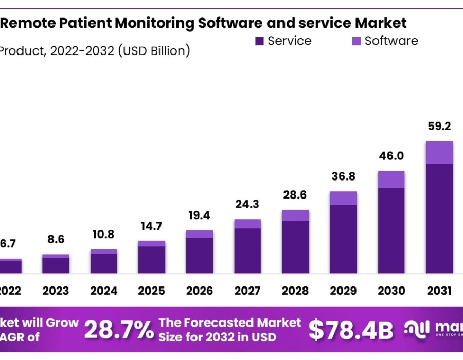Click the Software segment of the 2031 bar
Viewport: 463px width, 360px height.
coord(439,153)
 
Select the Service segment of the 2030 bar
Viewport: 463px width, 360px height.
coord(391,230)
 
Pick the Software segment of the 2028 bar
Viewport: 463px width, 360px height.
coord(295,215)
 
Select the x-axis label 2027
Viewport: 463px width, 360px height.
coord(247,291)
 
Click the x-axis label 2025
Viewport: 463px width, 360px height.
coord(151,291)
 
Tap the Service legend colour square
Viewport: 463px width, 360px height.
coord(259,41)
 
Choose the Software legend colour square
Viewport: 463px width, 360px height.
coord(356,41)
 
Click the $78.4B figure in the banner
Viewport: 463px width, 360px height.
coord(351,330)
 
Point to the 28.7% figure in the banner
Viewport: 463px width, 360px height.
coord(118,330)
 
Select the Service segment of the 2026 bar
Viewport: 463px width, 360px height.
coord(200,255)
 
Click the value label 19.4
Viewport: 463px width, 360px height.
coord(200,214)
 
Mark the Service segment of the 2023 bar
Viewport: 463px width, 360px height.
coord(56,265)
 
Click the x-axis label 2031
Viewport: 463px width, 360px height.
coord(439,291)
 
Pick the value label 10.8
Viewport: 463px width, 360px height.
coord(103,235)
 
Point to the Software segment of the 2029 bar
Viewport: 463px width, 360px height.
coord(343,198)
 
